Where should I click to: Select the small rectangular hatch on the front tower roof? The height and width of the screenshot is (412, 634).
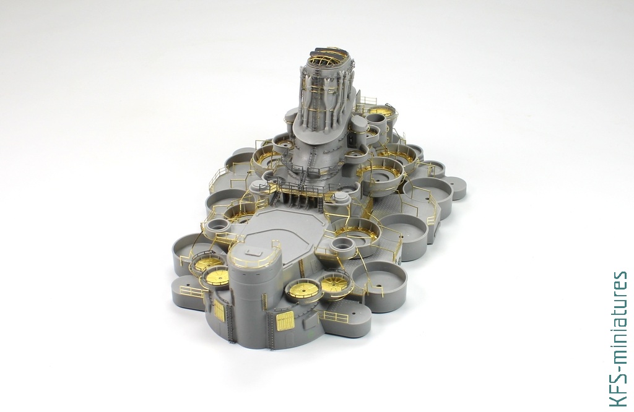pyautogui.click(x=254, y=252)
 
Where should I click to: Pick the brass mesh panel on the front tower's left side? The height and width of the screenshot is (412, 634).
pyautogui.click(x=219, y=310)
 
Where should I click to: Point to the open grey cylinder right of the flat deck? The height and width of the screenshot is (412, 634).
pyautogui.click(x=342, y=245)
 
